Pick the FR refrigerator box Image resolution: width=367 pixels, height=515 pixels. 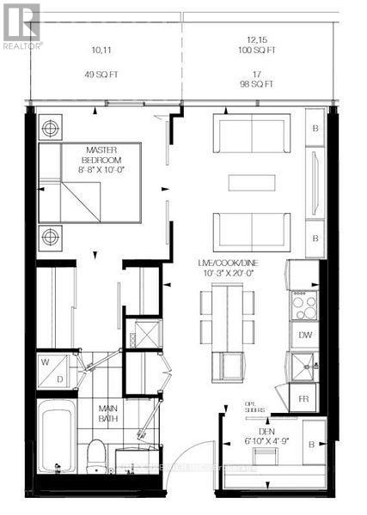(305, 399)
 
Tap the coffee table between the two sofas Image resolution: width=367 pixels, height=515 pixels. (252, 182)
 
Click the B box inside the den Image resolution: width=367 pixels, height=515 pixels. (314, 442)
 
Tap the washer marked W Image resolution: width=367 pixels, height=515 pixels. (46, 361)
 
